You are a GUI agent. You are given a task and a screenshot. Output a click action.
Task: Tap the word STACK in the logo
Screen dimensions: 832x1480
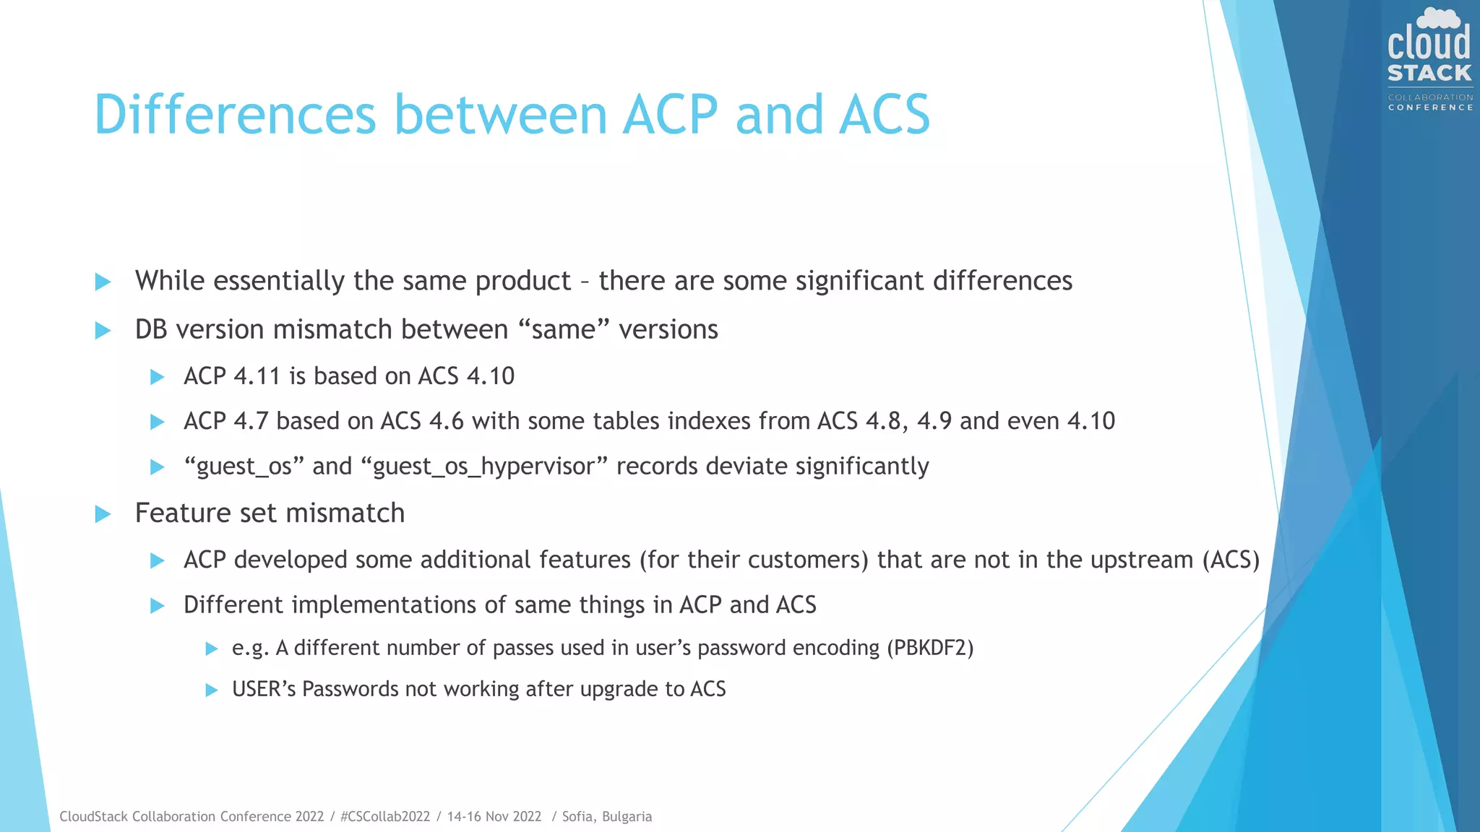tap(1429, 73)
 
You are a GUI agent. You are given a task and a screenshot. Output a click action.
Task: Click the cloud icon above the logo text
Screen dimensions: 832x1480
tap(1438, 17)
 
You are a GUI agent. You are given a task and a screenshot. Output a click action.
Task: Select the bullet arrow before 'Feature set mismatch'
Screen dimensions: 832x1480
tap(103, 514)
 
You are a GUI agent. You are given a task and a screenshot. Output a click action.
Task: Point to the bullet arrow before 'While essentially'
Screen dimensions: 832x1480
tap(103, 282)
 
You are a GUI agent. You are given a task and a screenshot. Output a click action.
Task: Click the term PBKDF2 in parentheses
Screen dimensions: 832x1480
tap(930, 648)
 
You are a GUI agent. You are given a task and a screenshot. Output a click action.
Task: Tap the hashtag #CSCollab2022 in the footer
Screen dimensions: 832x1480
tap(384, 816)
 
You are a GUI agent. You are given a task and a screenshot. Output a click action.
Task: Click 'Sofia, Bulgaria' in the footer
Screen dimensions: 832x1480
tap(606, 816)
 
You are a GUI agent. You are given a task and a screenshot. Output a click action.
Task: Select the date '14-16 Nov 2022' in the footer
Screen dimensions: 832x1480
tap(494, 816)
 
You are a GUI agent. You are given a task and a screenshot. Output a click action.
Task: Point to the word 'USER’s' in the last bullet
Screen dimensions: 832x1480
tap(264, 689)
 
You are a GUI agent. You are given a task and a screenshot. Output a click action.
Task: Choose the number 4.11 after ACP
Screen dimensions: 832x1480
tap(257, 376)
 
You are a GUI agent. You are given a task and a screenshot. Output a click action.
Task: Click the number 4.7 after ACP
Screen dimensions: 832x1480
tap(251, 421)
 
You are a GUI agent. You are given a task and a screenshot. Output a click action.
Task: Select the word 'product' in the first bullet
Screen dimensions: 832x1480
tap(523, 281)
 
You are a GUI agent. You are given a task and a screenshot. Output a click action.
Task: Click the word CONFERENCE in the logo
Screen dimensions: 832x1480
tap(1430, 108)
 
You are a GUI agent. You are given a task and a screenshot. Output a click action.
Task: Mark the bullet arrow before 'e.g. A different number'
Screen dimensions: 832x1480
tap(212, 649)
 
